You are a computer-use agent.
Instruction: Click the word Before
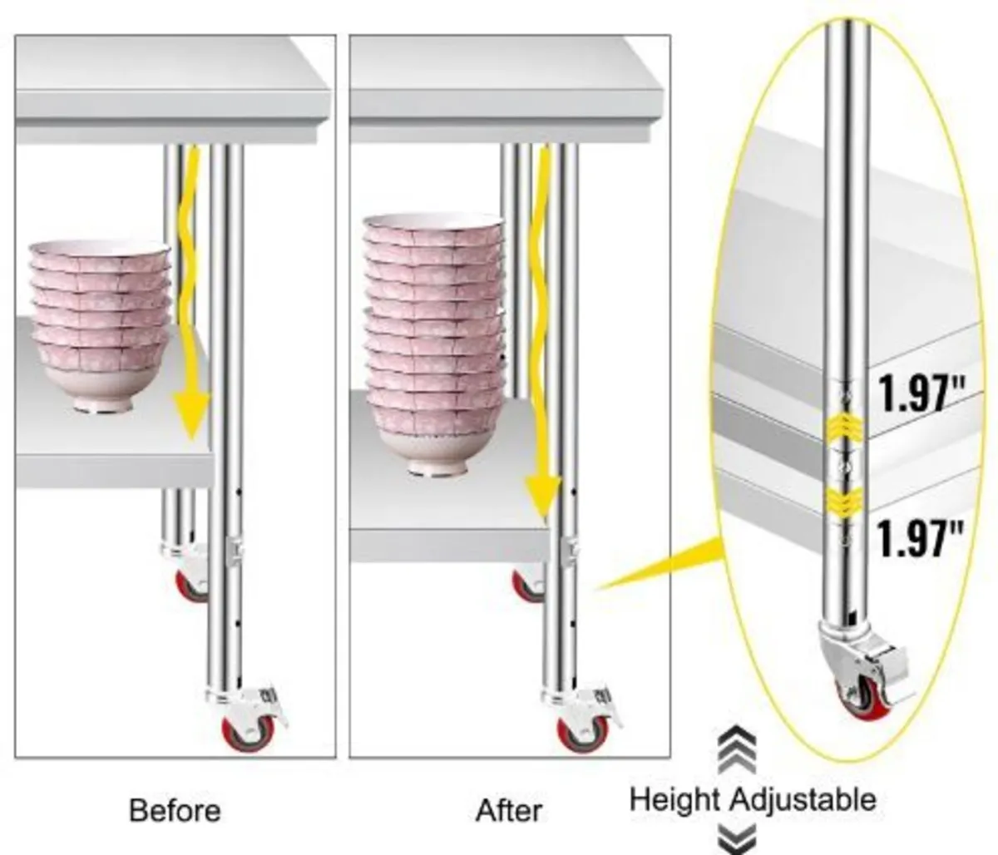pos(175,810)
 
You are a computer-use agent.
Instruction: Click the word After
pos(509,810)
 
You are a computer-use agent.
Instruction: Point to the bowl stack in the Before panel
pos(101,326)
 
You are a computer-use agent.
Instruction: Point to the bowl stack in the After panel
pos(433,344)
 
